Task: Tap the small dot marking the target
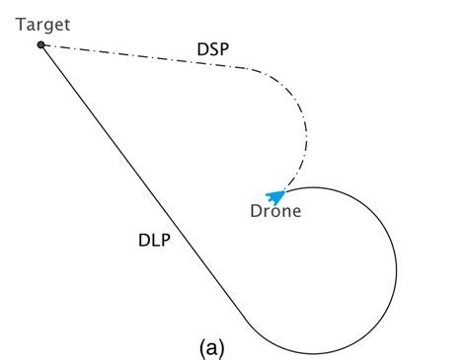tap(40, 45)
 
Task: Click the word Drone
tap(275, 210)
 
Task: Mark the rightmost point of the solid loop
tap(397, 269)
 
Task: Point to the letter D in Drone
tap(256, 210)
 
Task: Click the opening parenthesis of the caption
tap(201, 347)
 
